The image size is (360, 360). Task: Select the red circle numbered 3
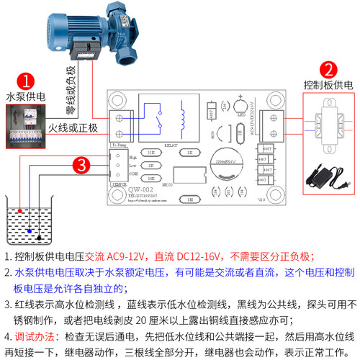pyautogui.click(x=84, y=166)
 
